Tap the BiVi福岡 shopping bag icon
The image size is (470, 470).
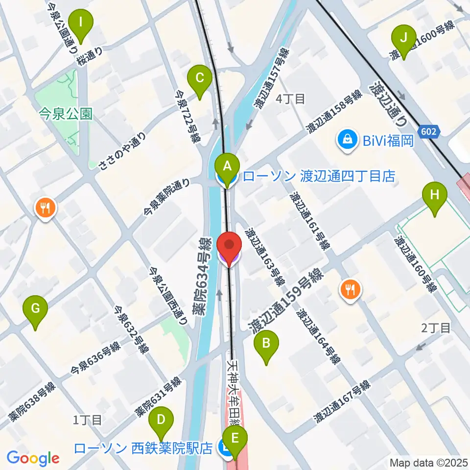point(347,141)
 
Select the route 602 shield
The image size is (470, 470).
point(430,132)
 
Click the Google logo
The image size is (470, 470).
point(33,458)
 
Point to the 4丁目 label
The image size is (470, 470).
point(290,99)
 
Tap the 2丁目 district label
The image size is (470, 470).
point(436,328)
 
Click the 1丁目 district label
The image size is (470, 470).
point(87,420)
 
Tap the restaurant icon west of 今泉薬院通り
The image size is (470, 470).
point(46,208)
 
